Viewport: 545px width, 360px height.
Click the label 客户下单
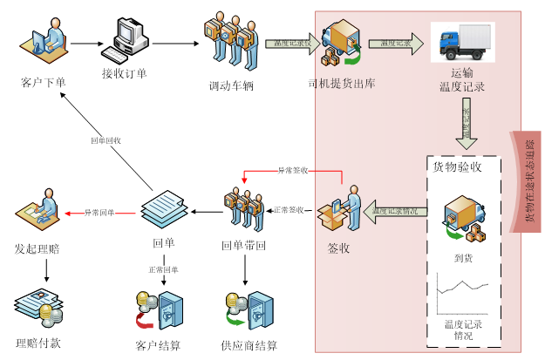click(x=43, y=83)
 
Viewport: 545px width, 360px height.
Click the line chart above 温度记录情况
click(x=463, y=293)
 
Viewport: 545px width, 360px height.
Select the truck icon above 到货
click(x=463, y=221)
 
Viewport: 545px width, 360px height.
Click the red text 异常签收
click(x=293, y=171)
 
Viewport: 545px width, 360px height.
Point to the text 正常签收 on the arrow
click(x=290, y=210)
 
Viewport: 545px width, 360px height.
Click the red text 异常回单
click(x=99, y=212)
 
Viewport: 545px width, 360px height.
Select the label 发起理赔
click(x=38, y=248)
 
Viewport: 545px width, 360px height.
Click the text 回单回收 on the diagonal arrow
click(x=106, y=140)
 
